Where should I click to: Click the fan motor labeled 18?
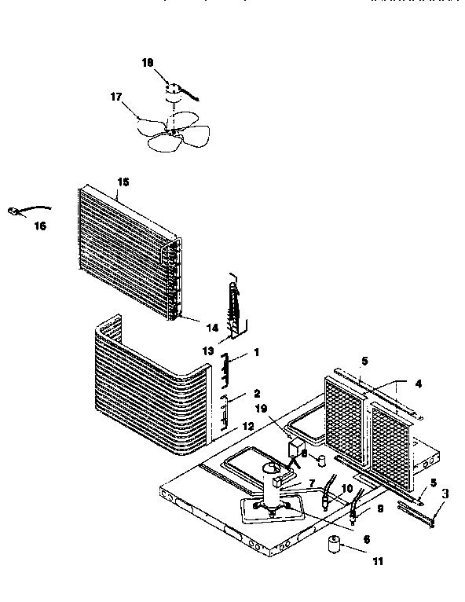173,94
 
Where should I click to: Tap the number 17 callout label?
115,97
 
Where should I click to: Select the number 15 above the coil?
123,182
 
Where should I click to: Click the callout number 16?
40,226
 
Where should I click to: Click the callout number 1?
255,353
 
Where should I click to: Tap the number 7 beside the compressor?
311,482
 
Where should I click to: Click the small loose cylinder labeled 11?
336,544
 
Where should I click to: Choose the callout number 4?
418,384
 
